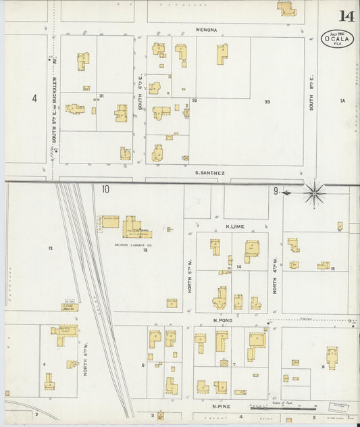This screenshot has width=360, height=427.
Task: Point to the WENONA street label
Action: (x=206, y=30)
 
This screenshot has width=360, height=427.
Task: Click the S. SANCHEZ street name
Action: (x=209, y=173)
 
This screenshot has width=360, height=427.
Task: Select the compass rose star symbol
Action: (x=313, y=193)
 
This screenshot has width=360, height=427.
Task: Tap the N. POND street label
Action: (x=222, y=320)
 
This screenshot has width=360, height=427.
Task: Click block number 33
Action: (x=267, y=101)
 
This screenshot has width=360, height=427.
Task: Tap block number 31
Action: (x=101, y=96)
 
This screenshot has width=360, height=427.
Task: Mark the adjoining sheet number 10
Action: (x=105, y=189)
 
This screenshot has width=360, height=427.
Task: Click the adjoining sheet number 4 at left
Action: (x=34, y=99)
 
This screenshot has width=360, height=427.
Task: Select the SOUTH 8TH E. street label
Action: (x=311, y=95)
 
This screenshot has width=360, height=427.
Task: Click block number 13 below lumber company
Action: (x=145, y=249)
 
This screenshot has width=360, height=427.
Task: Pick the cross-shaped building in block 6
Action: (x=332, y=356)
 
